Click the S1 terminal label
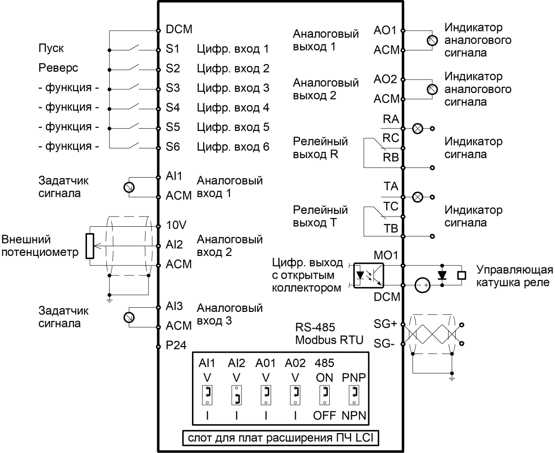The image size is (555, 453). (173, 49)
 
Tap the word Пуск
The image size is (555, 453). (51, 49)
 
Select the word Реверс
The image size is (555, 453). (58, 68)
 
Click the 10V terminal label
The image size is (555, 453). (176, 226)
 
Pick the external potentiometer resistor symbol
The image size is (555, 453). (90, 246)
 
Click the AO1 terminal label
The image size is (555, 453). (385, 30)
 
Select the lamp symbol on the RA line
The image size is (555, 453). (418, 129)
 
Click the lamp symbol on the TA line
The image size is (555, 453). (418, 197)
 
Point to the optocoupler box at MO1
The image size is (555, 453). (368, 275)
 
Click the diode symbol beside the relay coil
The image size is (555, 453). (442, 275)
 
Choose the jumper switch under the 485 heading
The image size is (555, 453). (325, 394)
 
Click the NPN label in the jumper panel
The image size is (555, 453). (354, 416)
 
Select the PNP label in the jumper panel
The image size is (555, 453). (354, 377)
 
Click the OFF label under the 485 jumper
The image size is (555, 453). (324, 416)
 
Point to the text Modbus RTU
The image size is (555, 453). (329, 341)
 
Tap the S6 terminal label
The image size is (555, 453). (173, 147)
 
